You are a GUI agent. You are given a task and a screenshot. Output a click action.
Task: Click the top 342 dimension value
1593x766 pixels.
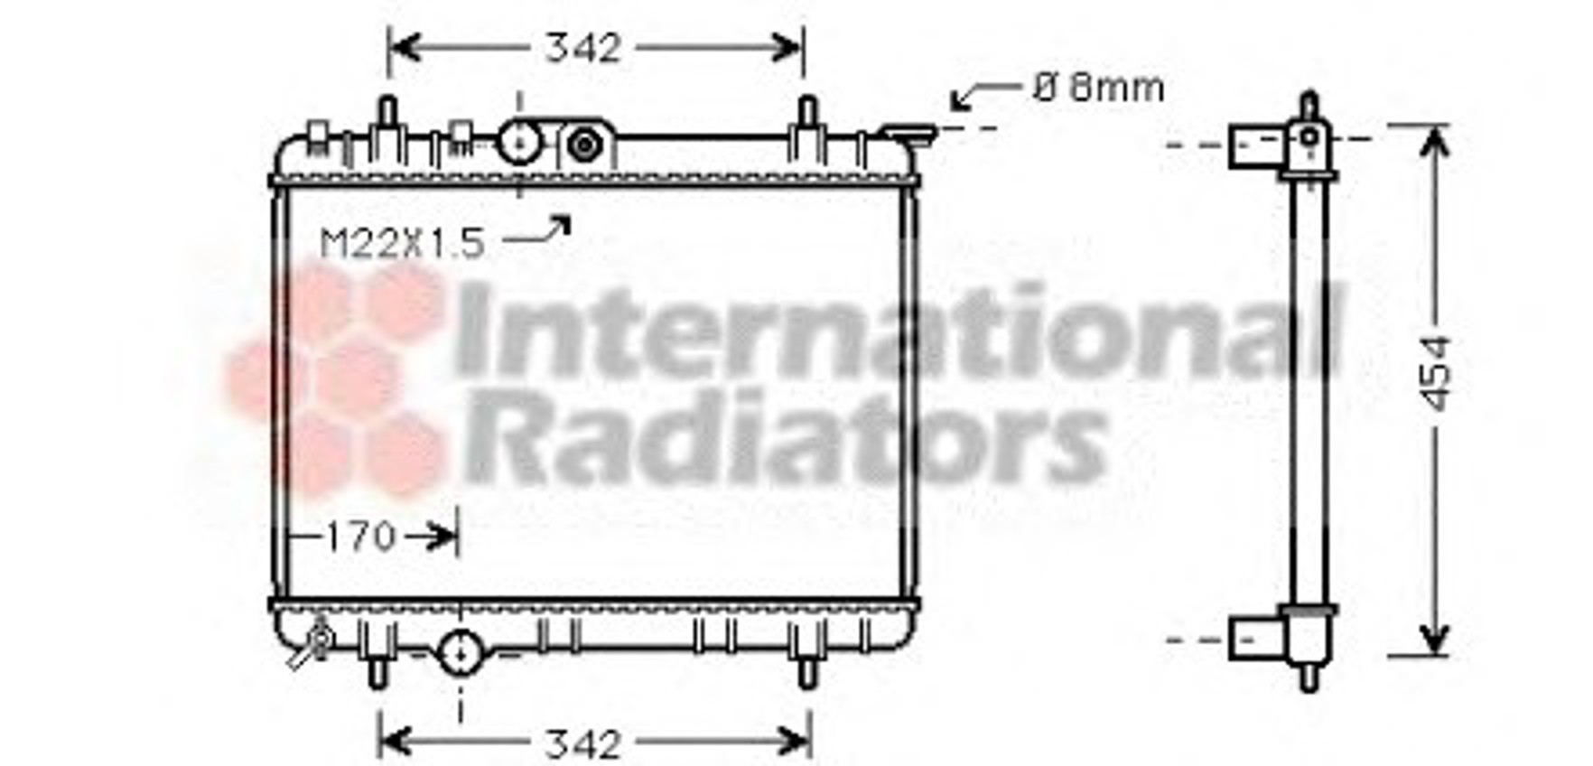(x=583, y=48)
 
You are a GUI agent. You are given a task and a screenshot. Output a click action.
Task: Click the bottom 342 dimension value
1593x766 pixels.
(x=583, y=744)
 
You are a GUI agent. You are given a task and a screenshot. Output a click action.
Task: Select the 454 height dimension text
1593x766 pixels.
(x=1434, y=373)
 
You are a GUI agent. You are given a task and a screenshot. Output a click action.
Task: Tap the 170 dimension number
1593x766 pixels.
(x=360, y=537)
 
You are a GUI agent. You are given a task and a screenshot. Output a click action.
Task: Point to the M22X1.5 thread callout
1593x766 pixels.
(x=403, y=243)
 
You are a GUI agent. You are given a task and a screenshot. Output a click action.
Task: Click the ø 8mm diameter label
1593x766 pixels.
(x=1098, y=88)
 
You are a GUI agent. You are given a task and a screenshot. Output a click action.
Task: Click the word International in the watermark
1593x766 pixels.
(x=899, y=330)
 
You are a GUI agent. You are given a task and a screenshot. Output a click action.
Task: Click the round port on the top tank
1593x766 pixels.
(x=519, y=142)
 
